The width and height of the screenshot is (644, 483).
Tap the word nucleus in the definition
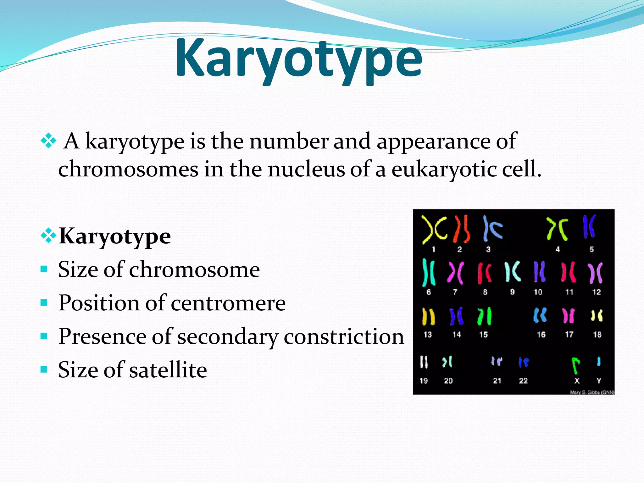click(x=306, y=169)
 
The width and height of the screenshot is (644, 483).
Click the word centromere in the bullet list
click(x=228, y=303)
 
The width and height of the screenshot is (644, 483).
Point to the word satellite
click(x=168, y=370)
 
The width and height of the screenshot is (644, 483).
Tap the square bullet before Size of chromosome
click(x=44, y=269)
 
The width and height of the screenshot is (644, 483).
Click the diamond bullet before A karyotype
click(x=48, y=141)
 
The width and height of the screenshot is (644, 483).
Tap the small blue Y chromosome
click(x=599, y=361)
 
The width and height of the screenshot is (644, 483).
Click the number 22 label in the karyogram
click(x=523, y=381)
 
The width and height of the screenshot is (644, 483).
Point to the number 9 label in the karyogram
click(x=513, y=292)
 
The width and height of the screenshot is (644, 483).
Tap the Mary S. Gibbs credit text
click(x=592, y=392)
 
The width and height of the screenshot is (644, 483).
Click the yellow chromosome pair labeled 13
click(x=428, y=316)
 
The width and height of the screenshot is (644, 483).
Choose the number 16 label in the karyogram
click(x=541, y=335)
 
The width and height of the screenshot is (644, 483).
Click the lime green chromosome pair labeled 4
click(x=557, y=229)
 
